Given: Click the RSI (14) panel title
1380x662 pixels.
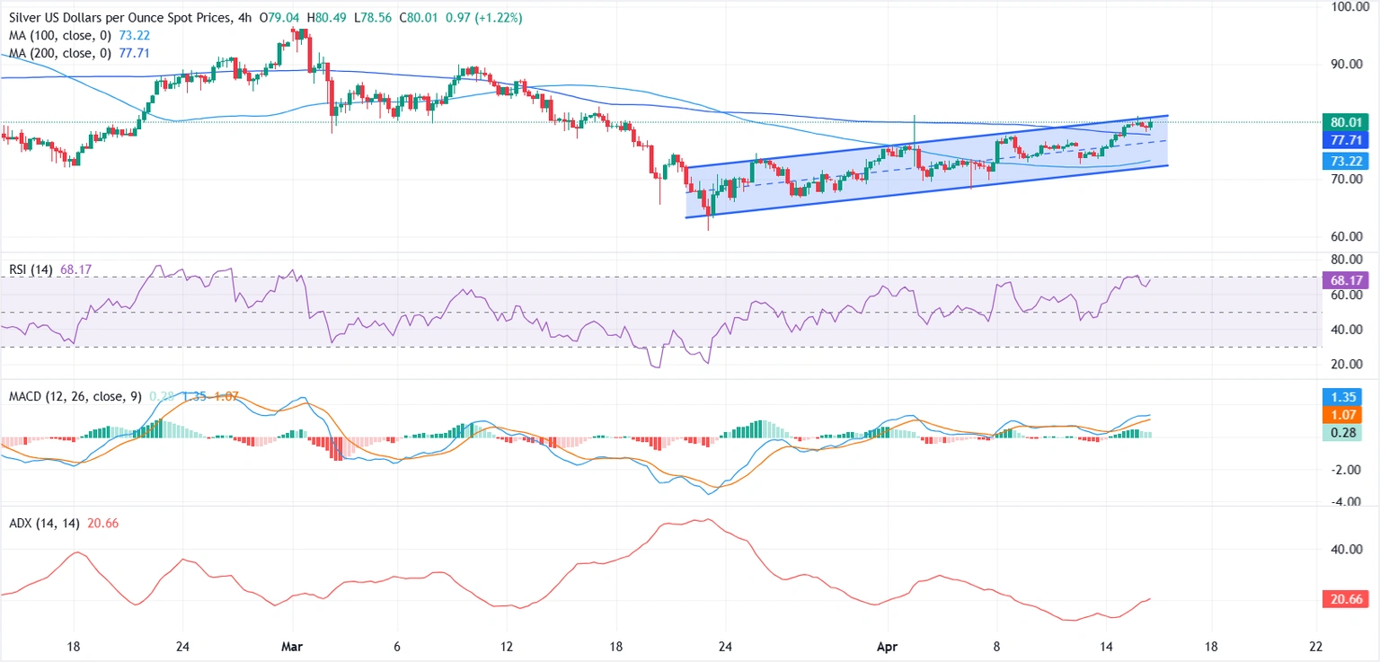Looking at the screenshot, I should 31,268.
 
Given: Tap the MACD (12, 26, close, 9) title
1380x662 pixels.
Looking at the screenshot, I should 74,396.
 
